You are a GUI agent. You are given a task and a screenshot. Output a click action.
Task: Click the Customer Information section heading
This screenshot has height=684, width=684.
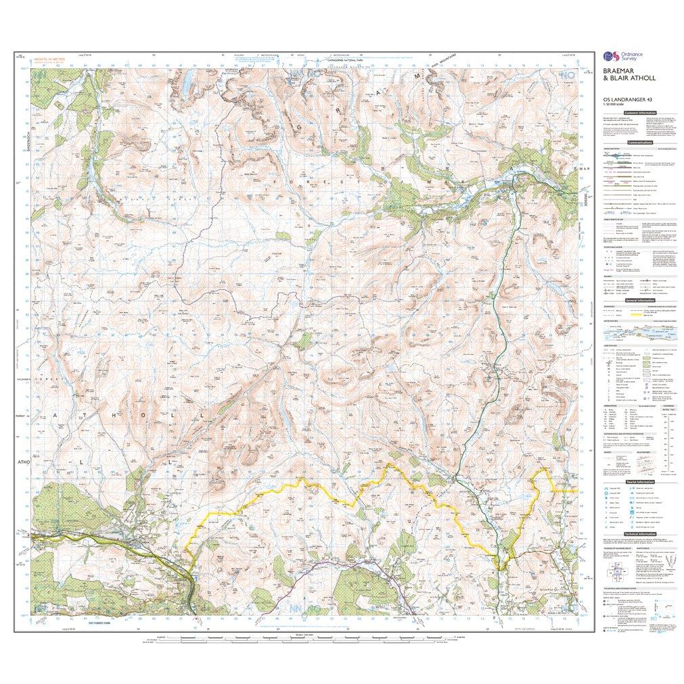coord(638,114)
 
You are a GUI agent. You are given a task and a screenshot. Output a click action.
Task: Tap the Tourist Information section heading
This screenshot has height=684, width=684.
coord(638,481)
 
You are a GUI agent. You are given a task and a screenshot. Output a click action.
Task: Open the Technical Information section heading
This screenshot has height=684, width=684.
coord(638,533)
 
